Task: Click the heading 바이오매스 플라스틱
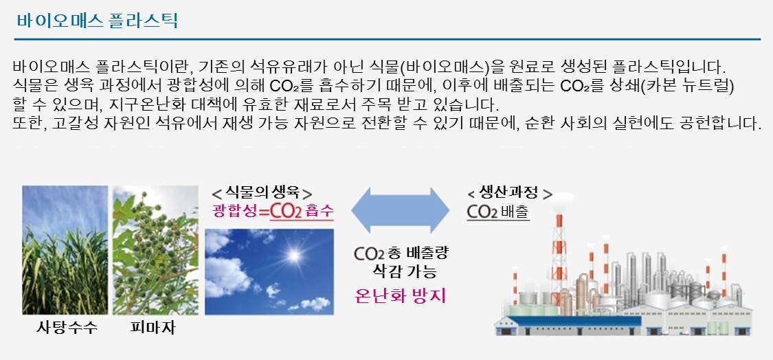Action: (97, 21)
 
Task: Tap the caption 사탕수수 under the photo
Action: (67, 327)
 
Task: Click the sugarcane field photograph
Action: (65, 250)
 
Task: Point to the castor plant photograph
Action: (156, 250)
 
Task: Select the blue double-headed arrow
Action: (401, 210)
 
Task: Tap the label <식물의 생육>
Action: (261, 193)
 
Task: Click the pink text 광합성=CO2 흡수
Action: (273, 212)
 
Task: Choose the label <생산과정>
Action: (509, 193)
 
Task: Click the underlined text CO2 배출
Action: (498, 212)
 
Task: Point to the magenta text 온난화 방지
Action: (401, 295)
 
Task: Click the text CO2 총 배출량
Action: (401, 254)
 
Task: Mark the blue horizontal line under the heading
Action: (388, 39)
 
